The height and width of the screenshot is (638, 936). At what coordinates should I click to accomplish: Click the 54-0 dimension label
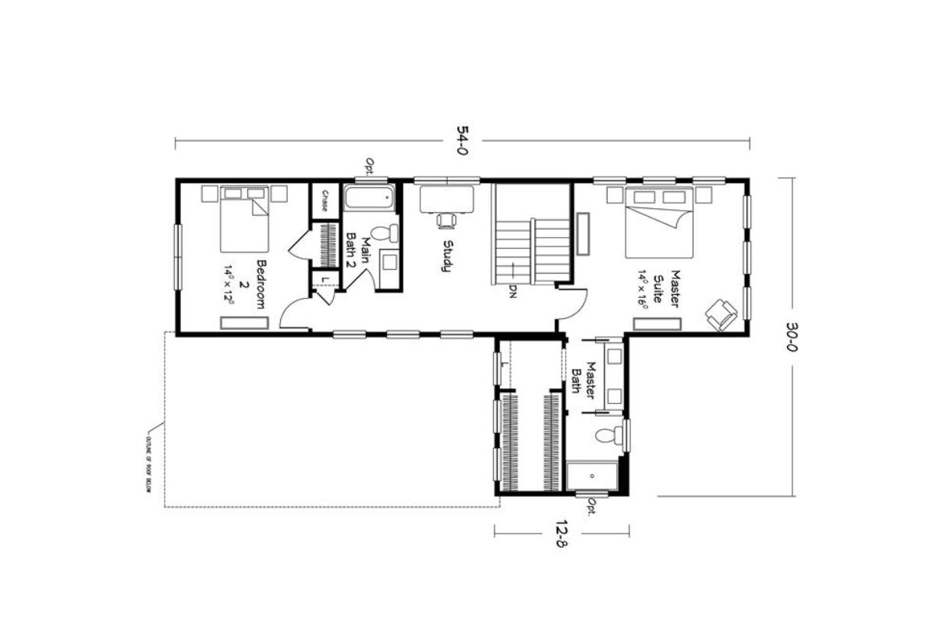pyautogui.click(x=461, y=142)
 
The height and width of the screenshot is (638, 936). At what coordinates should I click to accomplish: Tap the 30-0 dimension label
pyautogui.click(x=793, y=336)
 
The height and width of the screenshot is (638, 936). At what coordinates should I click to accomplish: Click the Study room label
pyautogui.click(x=448, y=256)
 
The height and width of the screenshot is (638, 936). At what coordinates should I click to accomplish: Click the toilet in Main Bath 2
pyautogui.click(x=384, y=232)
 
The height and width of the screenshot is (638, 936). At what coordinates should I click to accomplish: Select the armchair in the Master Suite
pyautogui.click(x=721, y=314)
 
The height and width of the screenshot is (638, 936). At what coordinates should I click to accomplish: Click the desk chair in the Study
pyautogui.click(x=447, y=221)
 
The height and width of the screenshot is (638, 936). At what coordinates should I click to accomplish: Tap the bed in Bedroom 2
pyautogui.click(x=244, y=218)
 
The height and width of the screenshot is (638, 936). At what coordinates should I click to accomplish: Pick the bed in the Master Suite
pyautogui.click(x=659, y=223)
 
